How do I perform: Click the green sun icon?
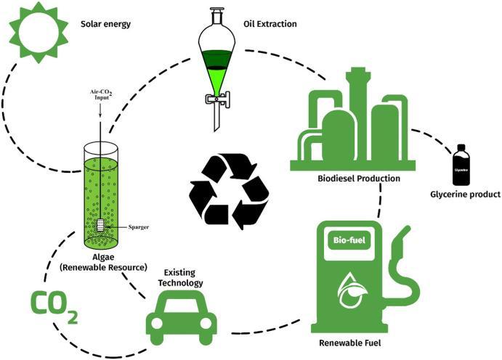point(39,32)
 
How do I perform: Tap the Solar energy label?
point(105,24)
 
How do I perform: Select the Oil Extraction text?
point(270,24)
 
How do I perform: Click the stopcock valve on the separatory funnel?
point(218,99)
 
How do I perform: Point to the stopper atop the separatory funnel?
point(216,11)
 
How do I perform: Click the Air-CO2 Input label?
point(101,94)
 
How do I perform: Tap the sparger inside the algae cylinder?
point(101,225)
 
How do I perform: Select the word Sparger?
point(139,227)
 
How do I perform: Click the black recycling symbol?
point(230,191)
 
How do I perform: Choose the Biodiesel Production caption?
point(359,179)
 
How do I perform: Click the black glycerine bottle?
point(461,165)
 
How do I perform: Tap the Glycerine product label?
point(465,194)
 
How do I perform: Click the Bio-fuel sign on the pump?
point(349,240)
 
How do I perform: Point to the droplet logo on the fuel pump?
point(352,290)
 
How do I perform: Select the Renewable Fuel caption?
point(350,343)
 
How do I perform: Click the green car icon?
point(181,320)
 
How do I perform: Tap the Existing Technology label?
point(180,278)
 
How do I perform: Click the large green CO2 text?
point(54,306)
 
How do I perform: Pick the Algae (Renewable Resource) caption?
point(103,262)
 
